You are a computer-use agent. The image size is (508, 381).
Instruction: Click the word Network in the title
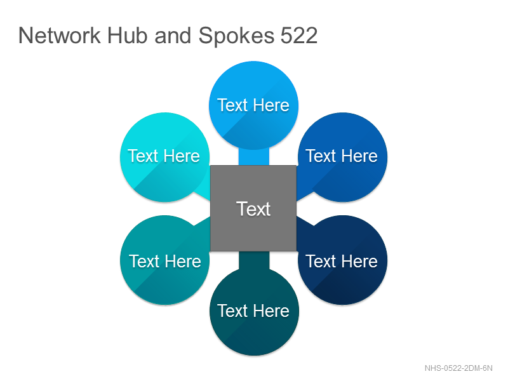point(60,35)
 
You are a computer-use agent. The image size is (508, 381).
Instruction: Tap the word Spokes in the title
point(236,36)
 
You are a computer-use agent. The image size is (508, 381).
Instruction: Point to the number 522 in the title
point(298,35)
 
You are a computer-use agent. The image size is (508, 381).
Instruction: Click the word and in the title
point(173,35)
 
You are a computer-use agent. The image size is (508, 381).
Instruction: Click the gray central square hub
point(253,208)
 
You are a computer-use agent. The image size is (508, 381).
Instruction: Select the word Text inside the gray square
point(253,209)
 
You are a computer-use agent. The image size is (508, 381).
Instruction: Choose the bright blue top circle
point(253,105)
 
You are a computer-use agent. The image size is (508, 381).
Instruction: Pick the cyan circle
point(164,157)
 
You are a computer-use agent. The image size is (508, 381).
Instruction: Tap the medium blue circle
point(342,157)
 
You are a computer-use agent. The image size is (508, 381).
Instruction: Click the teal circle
point(164,260)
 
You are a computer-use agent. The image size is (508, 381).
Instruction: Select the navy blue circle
point(342,260)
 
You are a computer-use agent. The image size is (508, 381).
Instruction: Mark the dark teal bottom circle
point(254,311)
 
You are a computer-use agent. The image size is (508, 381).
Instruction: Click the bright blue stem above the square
point(254,157)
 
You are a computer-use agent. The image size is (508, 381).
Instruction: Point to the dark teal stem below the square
point(254,260)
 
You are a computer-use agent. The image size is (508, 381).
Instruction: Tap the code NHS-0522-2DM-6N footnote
point(458,368)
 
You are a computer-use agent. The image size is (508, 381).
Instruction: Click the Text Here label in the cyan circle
point(164,156)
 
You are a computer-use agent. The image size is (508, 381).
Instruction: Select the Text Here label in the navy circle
point(342,261)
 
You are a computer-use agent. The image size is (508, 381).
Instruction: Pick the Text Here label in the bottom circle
point(253,311)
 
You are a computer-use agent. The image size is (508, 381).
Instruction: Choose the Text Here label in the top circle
point(253,105)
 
